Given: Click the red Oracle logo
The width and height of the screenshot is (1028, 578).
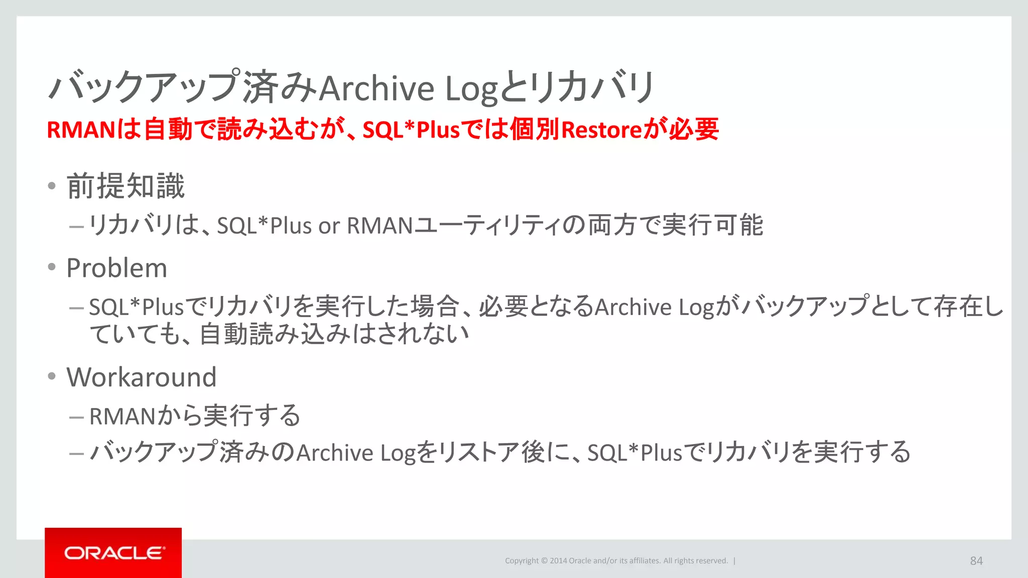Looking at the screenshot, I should click(x=113, y=552).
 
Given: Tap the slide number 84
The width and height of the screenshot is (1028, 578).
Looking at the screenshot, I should click(x=976, y=561).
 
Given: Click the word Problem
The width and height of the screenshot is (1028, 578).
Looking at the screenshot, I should click(x=116, y=268).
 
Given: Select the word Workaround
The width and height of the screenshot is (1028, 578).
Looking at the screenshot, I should click(x=141, y=377).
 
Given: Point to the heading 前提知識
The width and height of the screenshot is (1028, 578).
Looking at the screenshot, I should click(x=126, y=186).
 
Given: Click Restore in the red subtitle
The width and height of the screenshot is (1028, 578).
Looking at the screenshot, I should click(x=601, y=130).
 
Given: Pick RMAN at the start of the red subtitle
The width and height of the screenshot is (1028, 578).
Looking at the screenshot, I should click(x=81, y=130).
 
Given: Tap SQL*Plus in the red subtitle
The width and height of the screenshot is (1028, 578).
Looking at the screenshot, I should click(x=411, y=130).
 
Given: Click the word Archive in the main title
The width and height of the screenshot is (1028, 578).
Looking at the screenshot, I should click(x=376, y=88).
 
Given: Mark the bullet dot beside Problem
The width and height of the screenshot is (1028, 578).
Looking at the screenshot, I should click(x=52, y=267).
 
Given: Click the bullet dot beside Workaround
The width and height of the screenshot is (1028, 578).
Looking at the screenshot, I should click(x=52, y=376).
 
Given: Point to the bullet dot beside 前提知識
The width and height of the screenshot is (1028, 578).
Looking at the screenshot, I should click(x=52, y=186).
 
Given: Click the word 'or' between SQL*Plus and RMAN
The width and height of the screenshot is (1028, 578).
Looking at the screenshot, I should click(x=329, y=226).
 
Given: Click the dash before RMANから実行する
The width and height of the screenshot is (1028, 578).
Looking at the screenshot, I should click(x=76, y=417).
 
